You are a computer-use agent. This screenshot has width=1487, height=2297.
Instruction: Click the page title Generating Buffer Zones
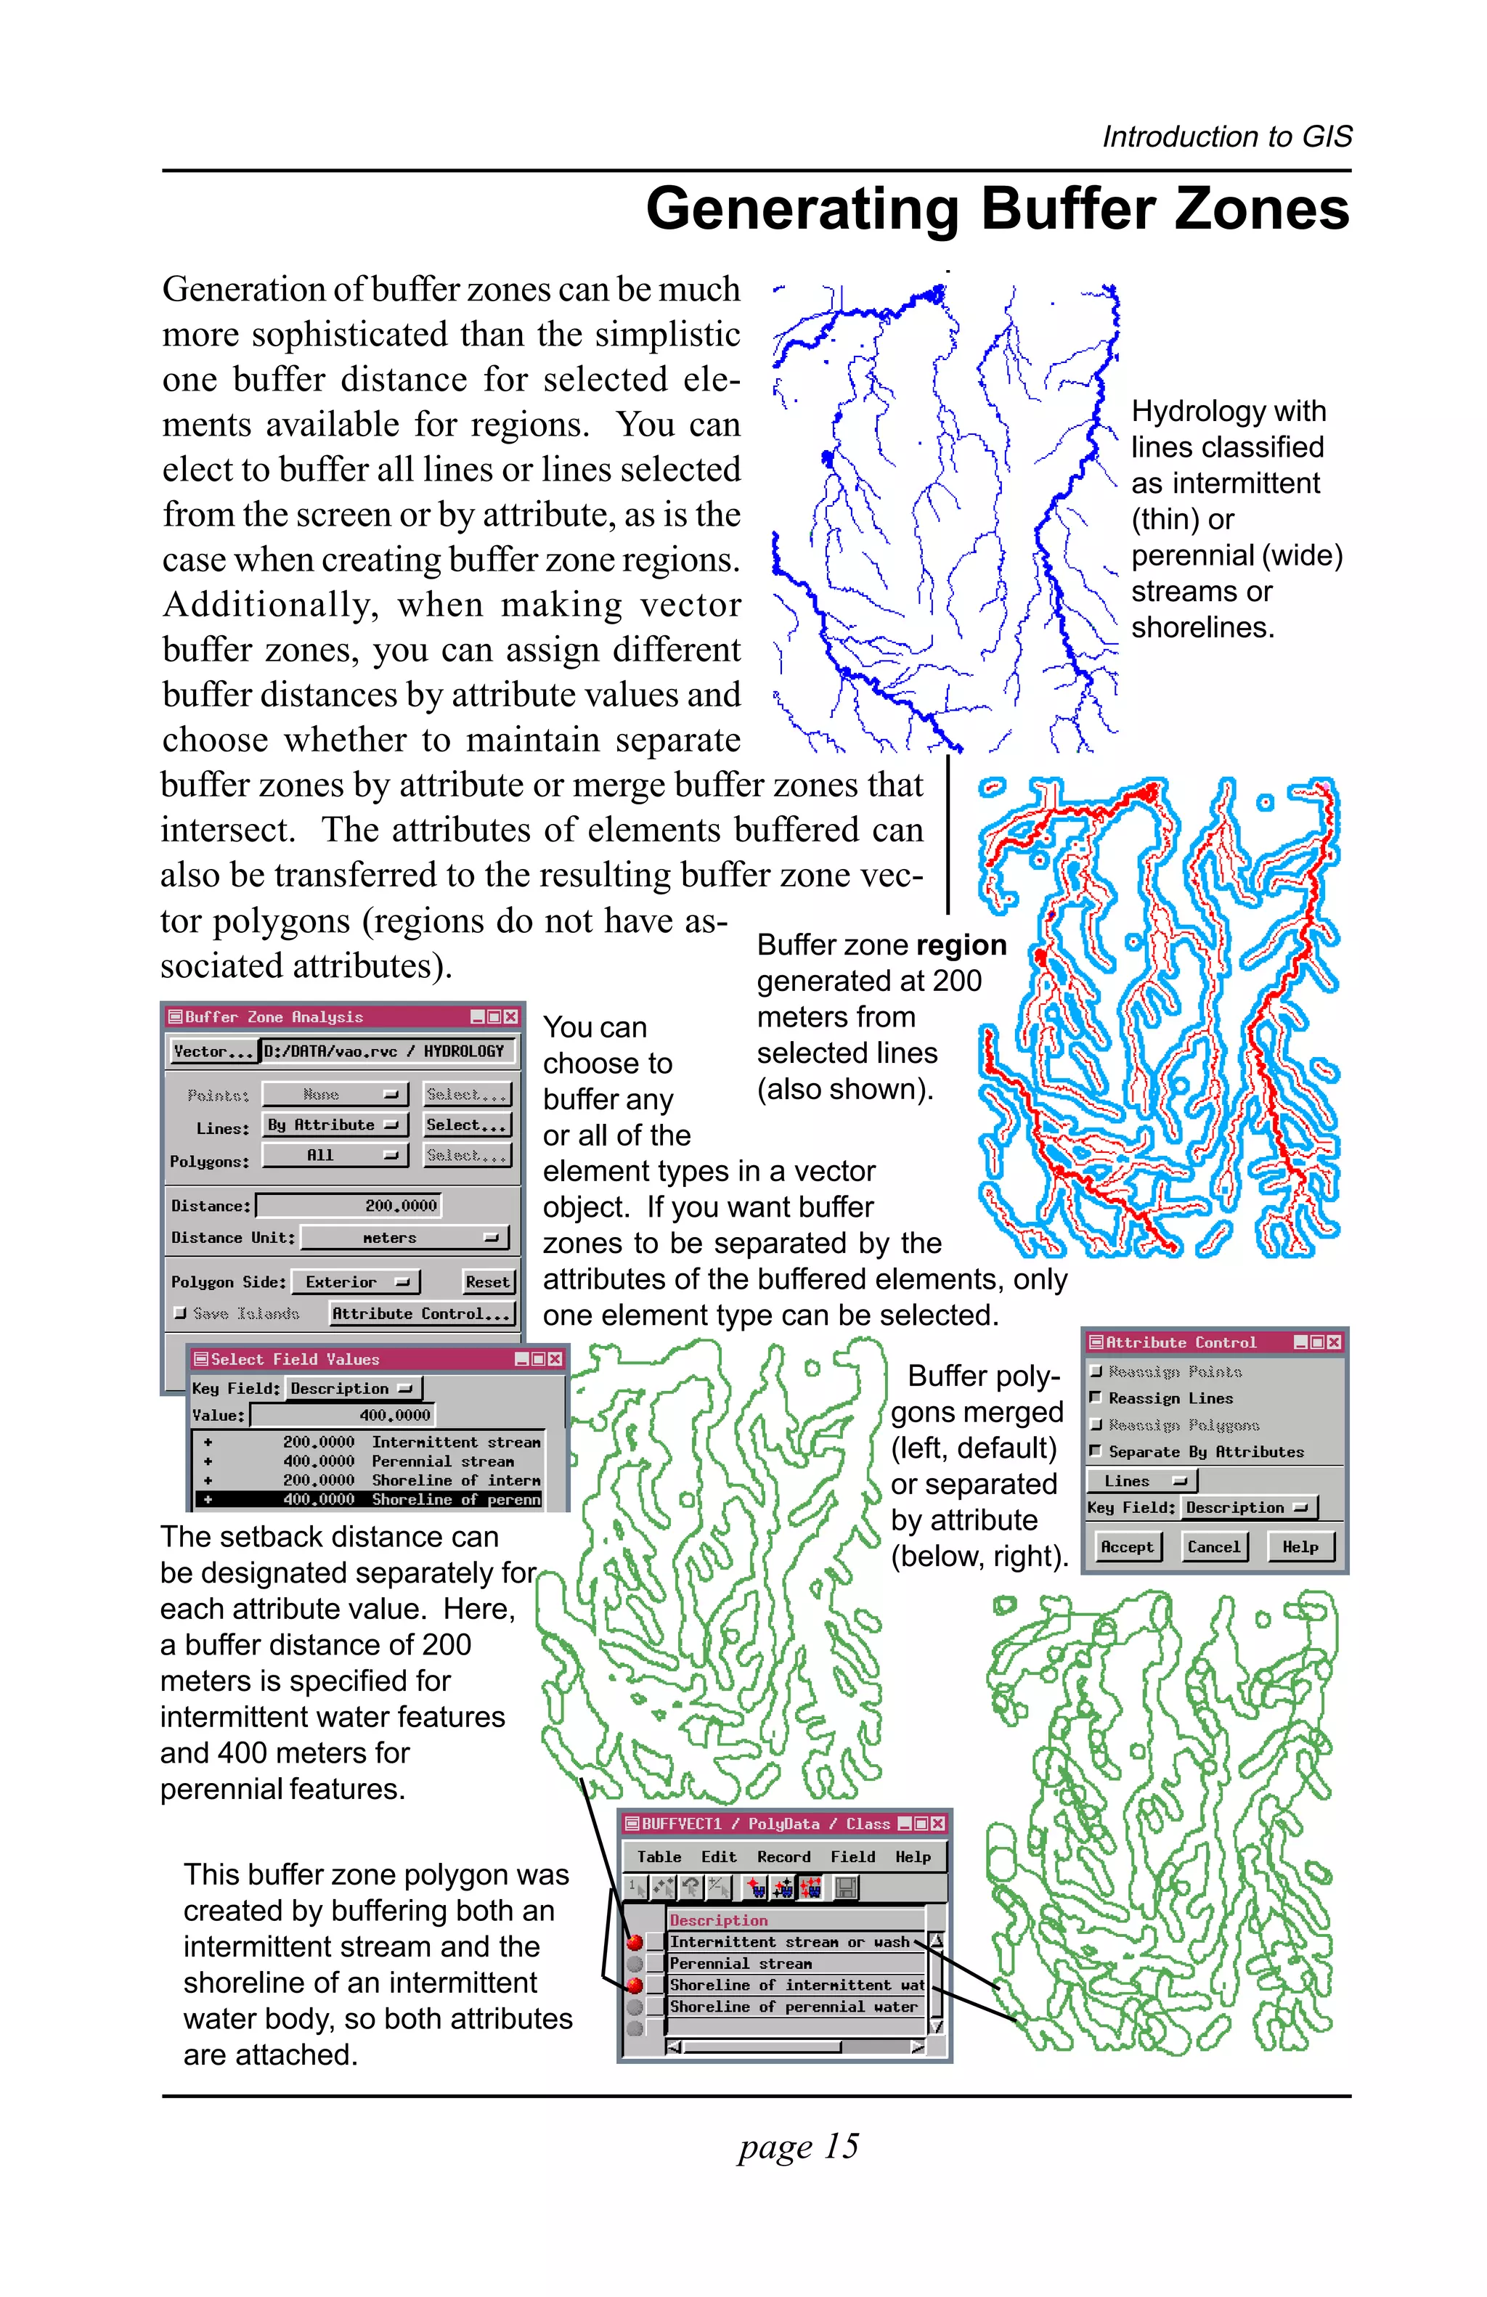point(997,209)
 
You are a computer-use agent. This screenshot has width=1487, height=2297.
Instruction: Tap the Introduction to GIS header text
point(1226,137)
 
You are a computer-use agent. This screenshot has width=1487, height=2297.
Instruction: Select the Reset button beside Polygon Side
point(487,1281)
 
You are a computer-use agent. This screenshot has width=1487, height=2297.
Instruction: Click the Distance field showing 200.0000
point(350,1205)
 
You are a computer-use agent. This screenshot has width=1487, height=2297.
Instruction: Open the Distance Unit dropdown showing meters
point(404,1237)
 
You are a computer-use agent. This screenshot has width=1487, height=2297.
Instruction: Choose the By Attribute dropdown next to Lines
point(334,1125)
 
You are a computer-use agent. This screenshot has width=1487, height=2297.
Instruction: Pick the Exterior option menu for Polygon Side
point(355,1281)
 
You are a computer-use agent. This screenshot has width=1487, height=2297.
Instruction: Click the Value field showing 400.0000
point(343,1415)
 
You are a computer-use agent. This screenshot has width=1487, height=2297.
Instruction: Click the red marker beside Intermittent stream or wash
point(634,1942)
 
